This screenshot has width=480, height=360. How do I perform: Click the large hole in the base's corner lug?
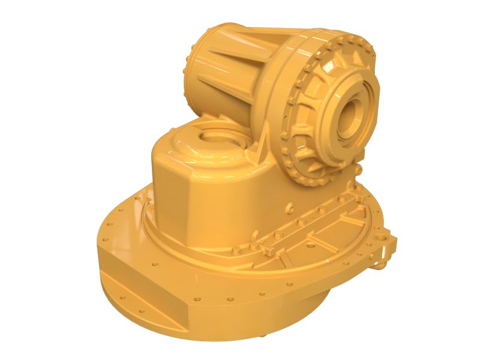click(382, 238)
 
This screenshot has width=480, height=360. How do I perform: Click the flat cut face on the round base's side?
click(144, 294)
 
